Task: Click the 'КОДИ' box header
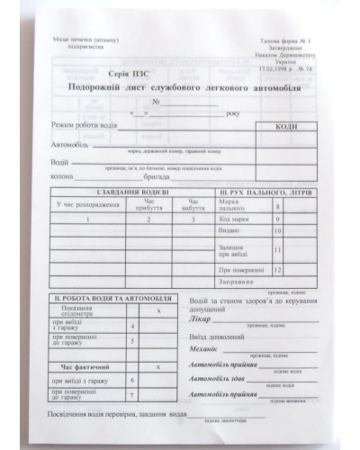[292, 127]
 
